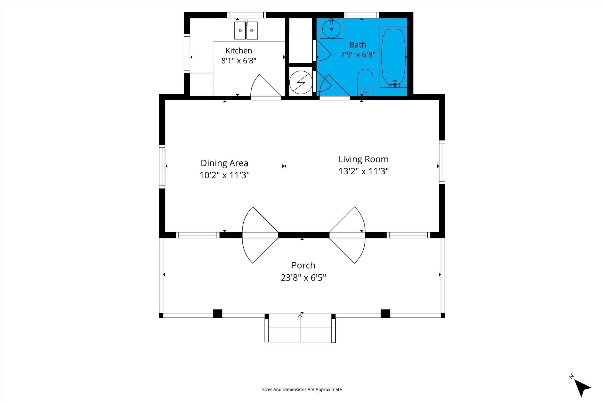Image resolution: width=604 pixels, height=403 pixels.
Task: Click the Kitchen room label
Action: pyautogui.click(x=239, y=50)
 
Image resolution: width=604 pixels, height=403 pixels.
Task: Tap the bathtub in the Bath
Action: pyautogui.click(x=393, y=57)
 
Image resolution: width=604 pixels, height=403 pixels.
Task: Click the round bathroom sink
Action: pyautogui.click(x=331, y=29)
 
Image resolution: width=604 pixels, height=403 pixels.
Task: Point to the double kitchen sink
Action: pyautogui.click(x=246, y=30)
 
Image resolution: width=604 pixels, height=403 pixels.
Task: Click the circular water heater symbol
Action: pyautogui.click(x=301, y=82)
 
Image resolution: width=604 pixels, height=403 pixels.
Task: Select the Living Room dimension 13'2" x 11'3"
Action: pyautogui.click(x=363, y=171)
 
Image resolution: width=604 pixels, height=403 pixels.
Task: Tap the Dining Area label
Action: pyautogui.click(x=224, y=163)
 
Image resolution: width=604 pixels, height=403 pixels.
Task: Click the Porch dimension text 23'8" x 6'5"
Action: pyautogui.click(x=303, y=278)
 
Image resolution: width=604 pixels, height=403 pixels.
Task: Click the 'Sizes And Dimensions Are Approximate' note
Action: pyautogui.click(x=302, y=389)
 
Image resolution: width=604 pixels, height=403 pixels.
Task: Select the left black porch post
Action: pyautogui.click(x=217, y=313)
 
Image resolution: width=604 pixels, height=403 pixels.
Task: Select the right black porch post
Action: pyautogui.click(x=385, y=313)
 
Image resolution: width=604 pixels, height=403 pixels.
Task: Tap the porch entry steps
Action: pyautogui.click(x=300, y=328)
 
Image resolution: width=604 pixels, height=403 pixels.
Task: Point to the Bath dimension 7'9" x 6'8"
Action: pyautogui.click(x=358, y=55)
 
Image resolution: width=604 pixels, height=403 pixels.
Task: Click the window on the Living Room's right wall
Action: pyautogui.click(x=442, y=162)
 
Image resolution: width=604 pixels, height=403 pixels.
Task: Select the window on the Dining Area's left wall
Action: pyautogui.click(x=162, y=166)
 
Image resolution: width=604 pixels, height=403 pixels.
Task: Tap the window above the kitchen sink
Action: pyautogui.click(x=247, y=15)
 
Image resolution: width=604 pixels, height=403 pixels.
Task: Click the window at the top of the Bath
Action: pyautogui.click(x=361, y=15)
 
